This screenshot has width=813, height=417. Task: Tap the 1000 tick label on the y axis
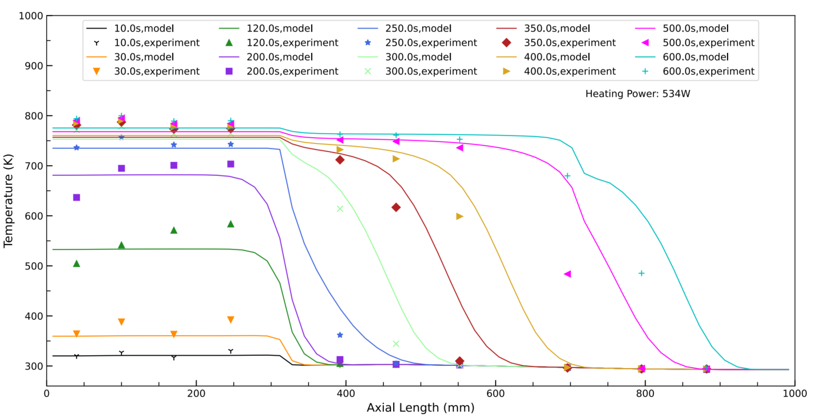[29, 16]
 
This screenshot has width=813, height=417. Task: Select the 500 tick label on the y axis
[32, 266]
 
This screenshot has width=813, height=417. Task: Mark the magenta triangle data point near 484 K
[567, 274]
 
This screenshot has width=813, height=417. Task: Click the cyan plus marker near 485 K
[641, 273]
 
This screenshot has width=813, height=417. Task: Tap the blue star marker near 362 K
[339, 335]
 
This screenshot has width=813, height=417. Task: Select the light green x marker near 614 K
[339, 209]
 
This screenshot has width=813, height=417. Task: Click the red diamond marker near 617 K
[396, 207]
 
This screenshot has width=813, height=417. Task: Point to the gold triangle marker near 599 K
[460, 216]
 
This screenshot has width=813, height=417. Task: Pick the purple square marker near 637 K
[76, 197]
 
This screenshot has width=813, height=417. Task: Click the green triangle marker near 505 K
[76, 263]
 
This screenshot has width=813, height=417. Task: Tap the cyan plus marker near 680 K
[567, 176]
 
